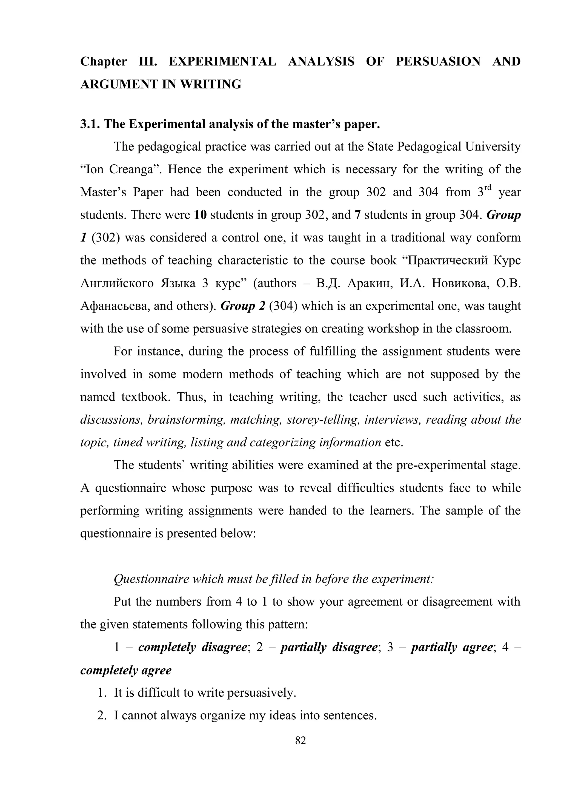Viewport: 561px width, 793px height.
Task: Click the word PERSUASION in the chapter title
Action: coord(438,62)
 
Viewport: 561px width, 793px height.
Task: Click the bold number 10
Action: coord(200,215)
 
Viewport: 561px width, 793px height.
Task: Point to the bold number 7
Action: coord(357,215)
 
